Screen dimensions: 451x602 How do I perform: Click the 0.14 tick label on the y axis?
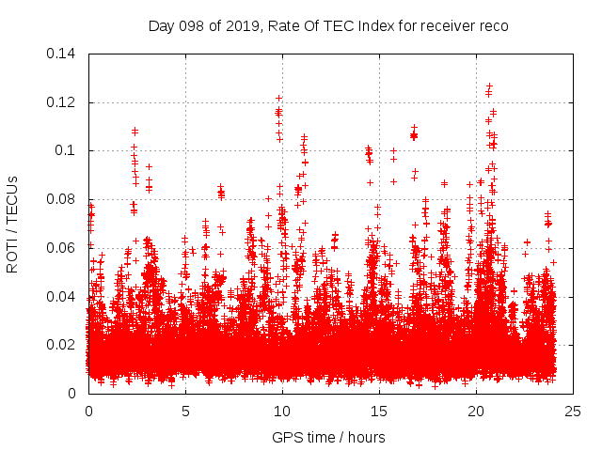point(63,53)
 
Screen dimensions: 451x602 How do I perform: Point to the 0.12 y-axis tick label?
point(63,101)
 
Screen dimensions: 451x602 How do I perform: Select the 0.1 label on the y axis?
point(68,150)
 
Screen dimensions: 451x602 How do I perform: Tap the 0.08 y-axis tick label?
point(63,199)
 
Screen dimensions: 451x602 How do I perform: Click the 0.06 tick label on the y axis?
point(63,248)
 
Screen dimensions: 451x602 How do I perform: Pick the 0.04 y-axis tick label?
point(63,297)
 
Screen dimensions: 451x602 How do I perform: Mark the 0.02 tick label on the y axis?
point(63,345)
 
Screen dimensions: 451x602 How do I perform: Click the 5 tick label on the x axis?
point(185,411)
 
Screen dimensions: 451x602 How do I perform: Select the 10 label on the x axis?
point(282,411)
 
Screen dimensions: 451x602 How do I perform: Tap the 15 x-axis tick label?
point(379,411)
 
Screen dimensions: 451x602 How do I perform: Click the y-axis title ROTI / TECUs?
point(13,224)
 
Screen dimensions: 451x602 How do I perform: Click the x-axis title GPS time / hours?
point(328,437)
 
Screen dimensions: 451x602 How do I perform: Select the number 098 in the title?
point(191,25)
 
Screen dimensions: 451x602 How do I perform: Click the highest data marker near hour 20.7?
point(489,86)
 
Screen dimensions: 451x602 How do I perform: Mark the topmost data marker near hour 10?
point(279,98)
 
